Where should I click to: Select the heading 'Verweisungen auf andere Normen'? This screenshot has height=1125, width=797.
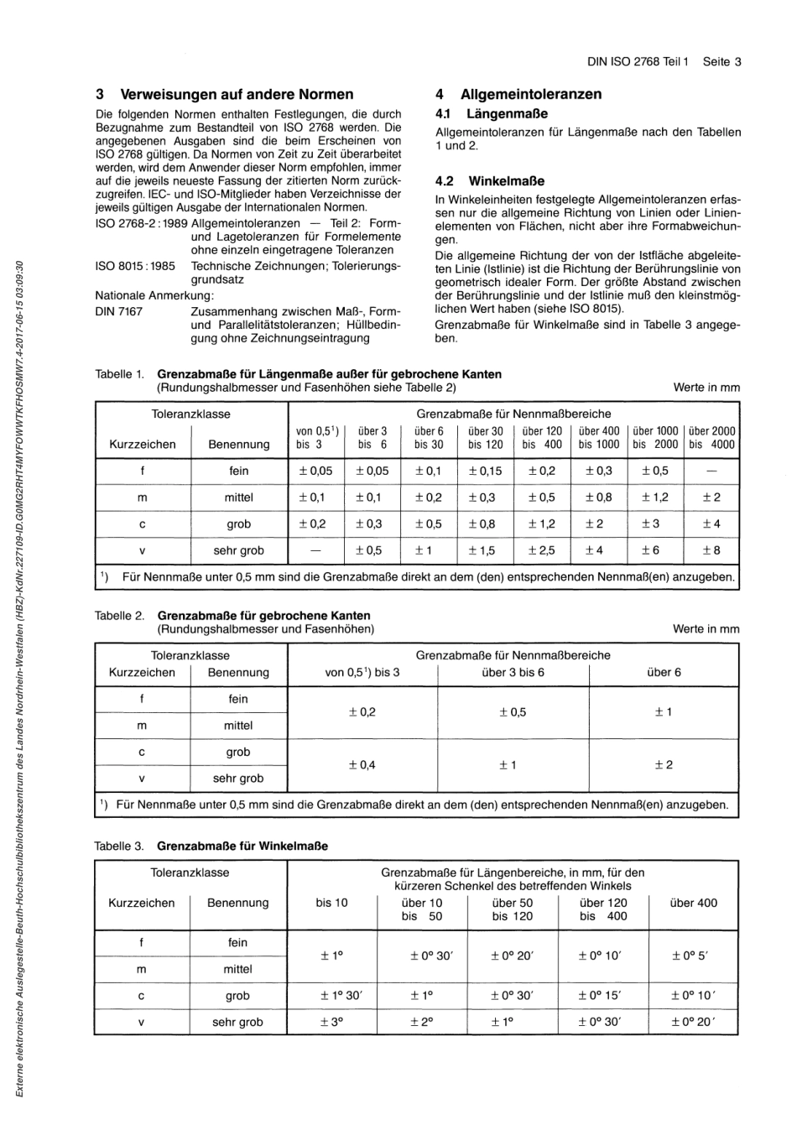point(237,94)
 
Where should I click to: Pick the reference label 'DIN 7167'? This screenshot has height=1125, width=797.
point(119,311)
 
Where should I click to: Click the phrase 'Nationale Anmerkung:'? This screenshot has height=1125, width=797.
point(154,295)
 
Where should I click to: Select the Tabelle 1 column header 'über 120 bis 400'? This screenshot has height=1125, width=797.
point(541,438)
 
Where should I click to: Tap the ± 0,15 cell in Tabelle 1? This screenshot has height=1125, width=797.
point(485,471)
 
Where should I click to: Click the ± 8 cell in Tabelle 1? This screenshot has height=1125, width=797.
point(711,551)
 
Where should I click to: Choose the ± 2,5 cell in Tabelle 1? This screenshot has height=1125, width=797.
point(541,551)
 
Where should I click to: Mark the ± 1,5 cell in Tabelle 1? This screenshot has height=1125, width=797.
point(485,551)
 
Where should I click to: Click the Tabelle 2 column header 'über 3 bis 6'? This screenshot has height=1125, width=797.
point(513,673)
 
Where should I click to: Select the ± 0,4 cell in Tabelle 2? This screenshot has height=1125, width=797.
point(362,765)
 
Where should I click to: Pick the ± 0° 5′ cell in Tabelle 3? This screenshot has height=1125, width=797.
point(693,956)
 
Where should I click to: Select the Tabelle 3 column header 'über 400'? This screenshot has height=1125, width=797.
point(694,904)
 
